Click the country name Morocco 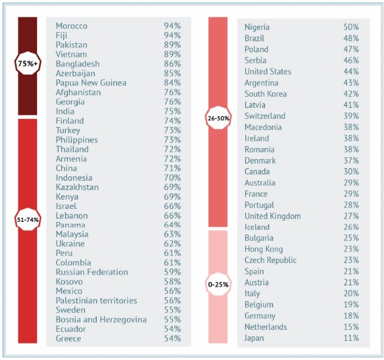tap(71, 26)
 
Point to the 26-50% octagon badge tap(219, 118)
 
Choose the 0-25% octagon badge tap(219, 284)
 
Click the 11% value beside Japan tap(351, 338)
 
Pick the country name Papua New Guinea tap(91, 83)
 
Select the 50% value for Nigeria tap(351, 27)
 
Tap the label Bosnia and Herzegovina tap(101, 319)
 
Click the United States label tap(268, 72)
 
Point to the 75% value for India tap(172, 111)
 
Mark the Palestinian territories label tap(96, 301)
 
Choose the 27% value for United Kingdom tap(351, 216)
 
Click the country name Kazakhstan tap(77, 187)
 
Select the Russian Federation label tap(92, 272)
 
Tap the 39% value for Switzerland tap(351, 116)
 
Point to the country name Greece tap(68, 338)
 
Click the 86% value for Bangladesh tap(172, 63)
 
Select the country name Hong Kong tap(263, 249)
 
